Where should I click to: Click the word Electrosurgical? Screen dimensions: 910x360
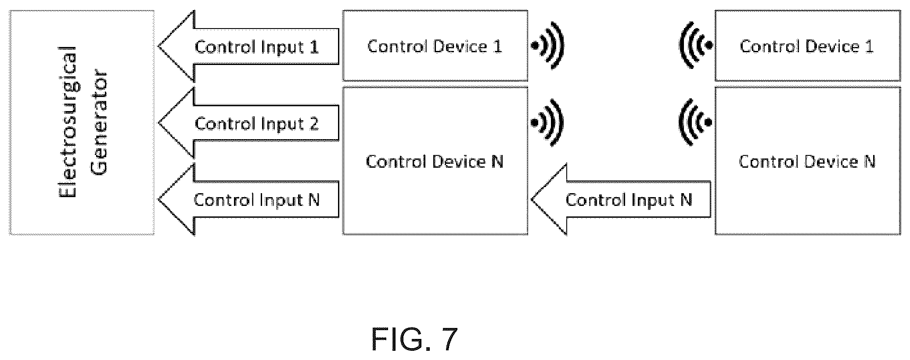68,122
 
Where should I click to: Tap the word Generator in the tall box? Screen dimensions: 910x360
101,122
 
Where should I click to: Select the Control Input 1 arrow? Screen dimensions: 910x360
248,47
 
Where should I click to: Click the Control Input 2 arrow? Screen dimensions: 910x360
248,123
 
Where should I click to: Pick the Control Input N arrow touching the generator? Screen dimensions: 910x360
248,200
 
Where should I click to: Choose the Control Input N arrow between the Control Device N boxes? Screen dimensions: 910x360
621,200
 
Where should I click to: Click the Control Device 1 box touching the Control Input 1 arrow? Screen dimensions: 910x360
435,46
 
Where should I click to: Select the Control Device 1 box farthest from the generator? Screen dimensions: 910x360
808,46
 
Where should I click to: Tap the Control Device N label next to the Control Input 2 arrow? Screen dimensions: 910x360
435,162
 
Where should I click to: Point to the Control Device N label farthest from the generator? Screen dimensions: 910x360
807,162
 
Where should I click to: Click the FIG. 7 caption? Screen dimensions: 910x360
414,339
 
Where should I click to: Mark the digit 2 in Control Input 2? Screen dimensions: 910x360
313,124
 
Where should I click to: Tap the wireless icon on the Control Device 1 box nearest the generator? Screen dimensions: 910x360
547,46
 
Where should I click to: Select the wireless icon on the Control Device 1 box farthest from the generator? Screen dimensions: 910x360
696,46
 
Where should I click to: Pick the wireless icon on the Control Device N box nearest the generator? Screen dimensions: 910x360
547,122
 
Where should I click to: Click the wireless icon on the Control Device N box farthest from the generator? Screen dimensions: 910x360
696,122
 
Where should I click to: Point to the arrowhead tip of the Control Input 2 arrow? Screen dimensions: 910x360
158,123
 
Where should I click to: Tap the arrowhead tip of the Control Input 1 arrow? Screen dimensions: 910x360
158,47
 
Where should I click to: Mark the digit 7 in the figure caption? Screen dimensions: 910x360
447,339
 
